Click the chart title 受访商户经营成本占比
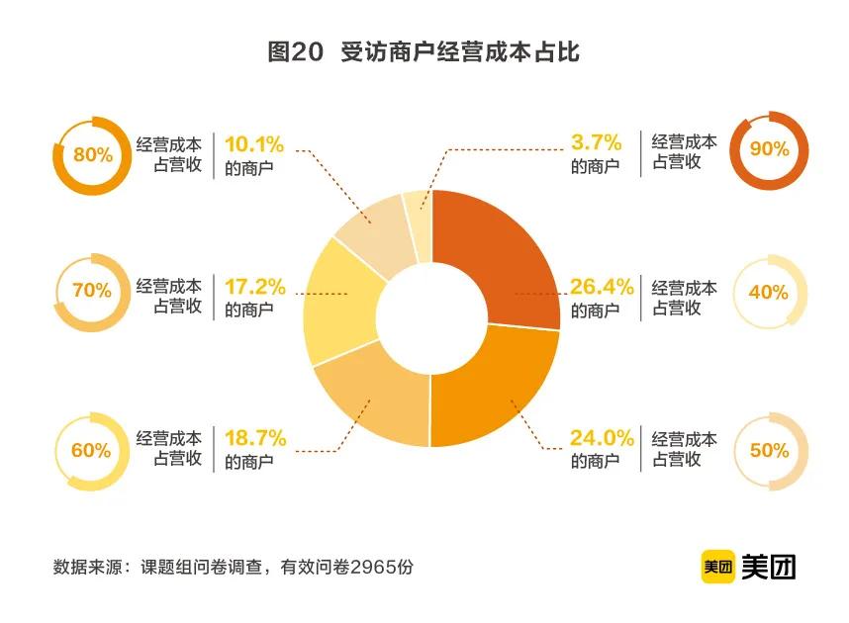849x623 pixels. pos(424,52)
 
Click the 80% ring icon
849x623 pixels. pos(91,155)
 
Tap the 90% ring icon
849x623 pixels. pos(769,150)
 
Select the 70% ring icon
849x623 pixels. pos(91,292)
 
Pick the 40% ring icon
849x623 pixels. pos(769,292)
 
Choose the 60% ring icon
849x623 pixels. pos(91,450)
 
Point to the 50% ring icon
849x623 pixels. pos(769,450)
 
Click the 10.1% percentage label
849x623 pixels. pos(255,143)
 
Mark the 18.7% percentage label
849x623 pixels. pos(255,437)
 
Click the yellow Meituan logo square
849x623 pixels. pos(717,567)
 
